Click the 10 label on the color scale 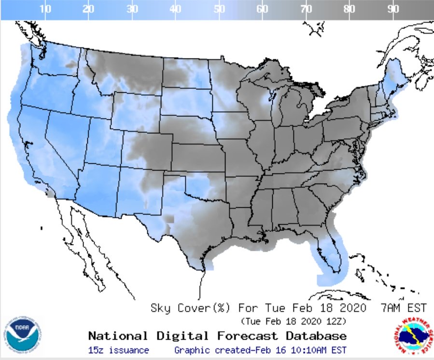tap(45, 9)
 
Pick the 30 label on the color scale tap(132, 9)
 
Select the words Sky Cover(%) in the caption tap(191, 308)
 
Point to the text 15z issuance tap(118, 350)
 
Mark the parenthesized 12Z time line tap(293, 321)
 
